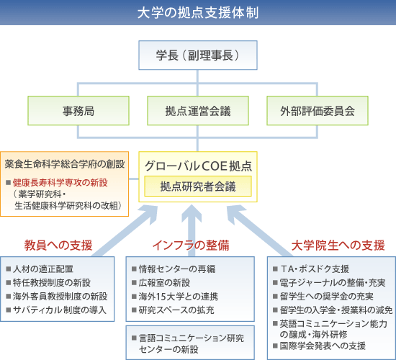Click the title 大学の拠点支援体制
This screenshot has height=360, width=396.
pyautogui.click(x=197, y=12)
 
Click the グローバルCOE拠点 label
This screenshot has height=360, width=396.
pyautogui.click(x=198, y=165)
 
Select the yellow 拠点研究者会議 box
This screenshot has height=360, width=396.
pyautogui.click(x=198, y=186)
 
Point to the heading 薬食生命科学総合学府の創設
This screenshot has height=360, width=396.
pyautogui.click(x=66, y=163)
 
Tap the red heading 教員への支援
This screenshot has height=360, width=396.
pyautogui.click(x=58, y=245)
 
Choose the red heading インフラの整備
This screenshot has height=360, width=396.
pyautogui.click(x=191, y=245)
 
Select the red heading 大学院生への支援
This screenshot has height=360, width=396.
pyautogui.click(x=338, y=245)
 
